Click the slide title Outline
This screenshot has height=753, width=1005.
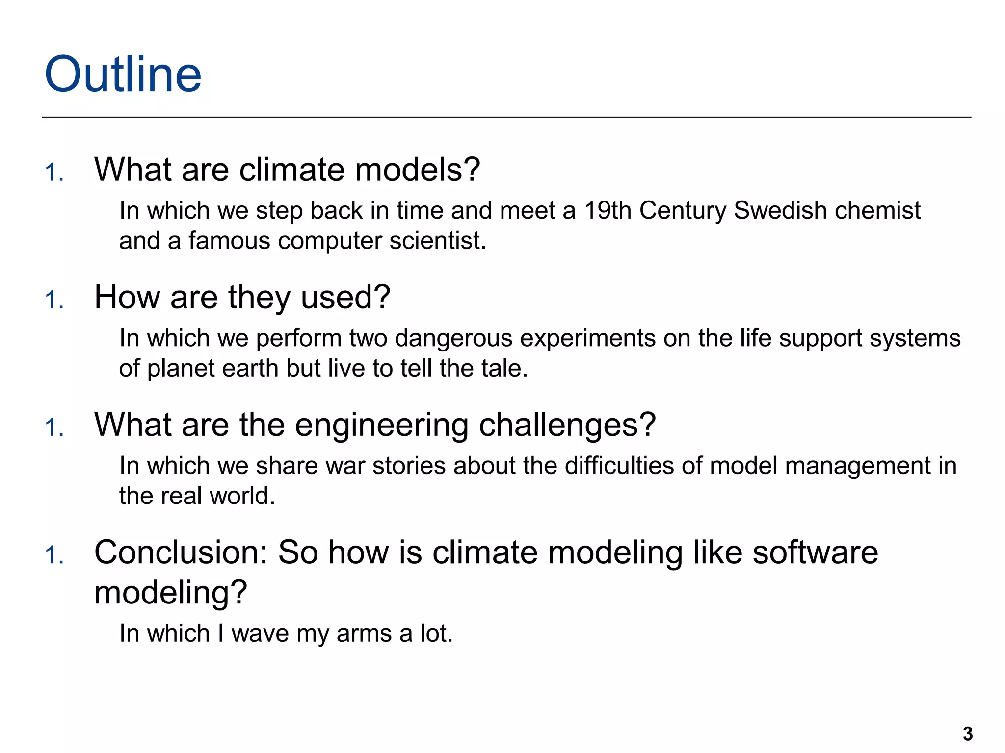[123, 75]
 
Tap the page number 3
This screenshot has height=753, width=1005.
[967, 734]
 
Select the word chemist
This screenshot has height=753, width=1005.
[877, 210]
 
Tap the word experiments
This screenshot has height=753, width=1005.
[587, 338]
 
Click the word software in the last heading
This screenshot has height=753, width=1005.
[815, 552]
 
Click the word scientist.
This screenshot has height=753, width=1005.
[437, 241]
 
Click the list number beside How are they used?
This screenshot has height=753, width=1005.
[54, 300]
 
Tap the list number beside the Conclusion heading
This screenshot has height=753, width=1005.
[54, 555]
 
